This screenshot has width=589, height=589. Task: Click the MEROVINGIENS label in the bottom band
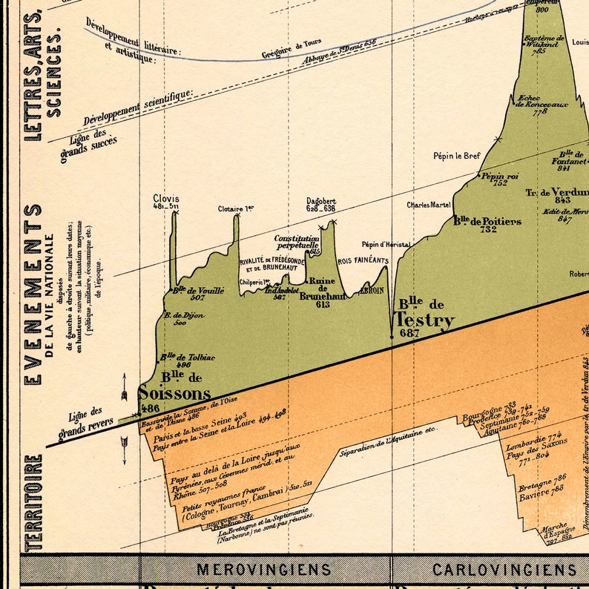tap(263, 570)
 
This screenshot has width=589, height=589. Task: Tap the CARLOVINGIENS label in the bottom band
tap(504, 570)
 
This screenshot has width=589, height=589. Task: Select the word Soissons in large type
tap(175, 393)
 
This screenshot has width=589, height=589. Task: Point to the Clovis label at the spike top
tap(166, 199)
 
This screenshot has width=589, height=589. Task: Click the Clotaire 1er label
tap(236, 209)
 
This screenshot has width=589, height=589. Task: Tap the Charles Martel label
tap(430, 205)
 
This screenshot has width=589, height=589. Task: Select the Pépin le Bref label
tap(457, 156)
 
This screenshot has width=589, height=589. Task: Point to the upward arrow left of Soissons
tap(124, 386)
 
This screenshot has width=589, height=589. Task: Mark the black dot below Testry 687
tap(392, 337)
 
